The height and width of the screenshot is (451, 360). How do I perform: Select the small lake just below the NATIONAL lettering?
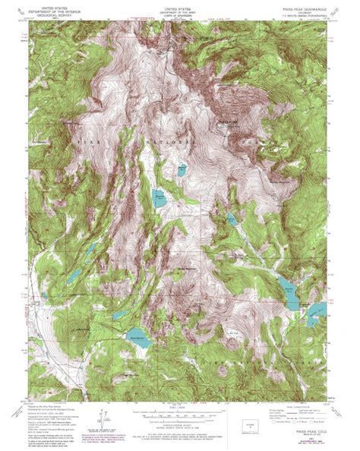coord(182,171)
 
